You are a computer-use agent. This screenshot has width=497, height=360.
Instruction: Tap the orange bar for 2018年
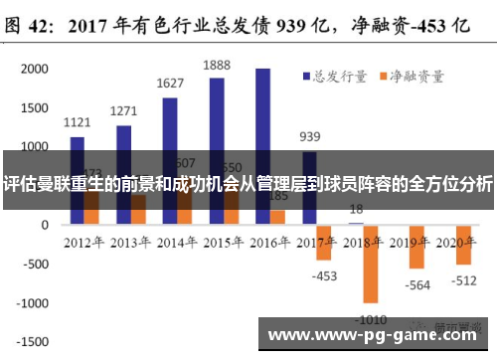(x=371, y=264)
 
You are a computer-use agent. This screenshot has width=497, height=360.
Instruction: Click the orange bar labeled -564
(x=416, y=247)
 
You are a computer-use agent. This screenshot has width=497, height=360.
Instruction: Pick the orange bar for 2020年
(x=463, y=245)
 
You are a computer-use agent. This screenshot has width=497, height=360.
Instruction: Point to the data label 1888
(x=217, y=65)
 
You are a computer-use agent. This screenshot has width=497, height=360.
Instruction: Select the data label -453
(x=323, y=275)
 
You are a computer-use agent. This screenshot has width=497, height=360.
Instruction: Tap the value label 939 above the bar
(x=310, y=136)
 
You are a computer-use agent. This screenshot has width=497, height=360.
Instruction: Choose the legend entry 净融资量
(x=410, y=75)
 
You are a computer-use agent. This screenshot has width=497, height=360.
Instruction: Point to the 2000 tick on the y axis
(x=34, y=70)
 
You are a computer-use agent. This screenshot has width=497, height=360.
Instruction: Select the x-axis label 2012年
(x=85, y=242)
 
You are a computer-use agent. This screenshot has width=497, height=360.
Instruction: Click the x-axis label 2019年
(x=410, y=242)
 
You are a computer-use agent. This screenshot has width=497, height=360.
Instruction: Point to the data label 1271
(x=123, y=111)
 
